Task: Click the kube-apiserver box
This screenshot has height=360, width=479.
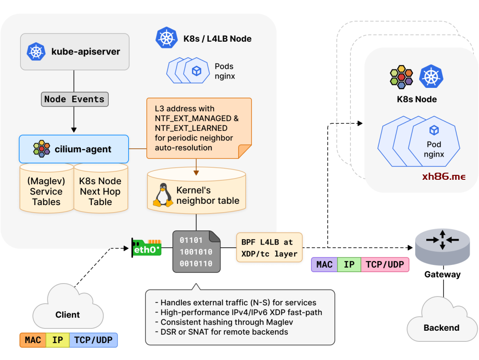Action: click(x=75, y=51)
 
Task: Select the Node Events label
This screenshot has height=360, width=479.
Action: click(x=75, y=99)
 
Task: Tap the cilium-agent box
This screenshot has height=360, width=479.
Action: click(x=74, y=149)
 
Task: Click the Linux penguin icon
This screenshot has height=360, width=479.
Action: click(x=163, y=195)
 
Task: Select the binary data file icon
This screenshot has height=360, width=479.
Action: click(x=196, y=252)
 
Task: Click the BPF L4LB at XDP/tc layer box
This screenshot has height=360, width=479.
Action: click(x=269, y=248)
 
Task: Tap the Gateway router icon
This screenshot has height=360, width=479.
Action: click(x=442, y=246)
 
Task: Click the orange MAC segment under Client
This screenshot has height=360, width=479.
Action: click(x=33, y=340)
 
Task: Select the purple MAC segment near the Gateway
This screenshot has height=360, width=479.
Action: click(x=324, y=265)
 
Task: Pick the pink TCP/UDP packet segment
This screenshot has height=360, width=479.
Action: click(x=385, y=265)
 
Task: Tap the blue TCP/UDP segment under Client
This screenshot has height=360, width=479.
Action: click(x=93, y=340)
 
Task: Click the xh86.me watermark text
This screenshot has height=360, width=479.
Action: click(x=444, y=177)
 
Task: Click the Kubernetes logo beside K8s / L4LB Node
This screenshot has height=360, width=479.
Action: click(x=167, y=38)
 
